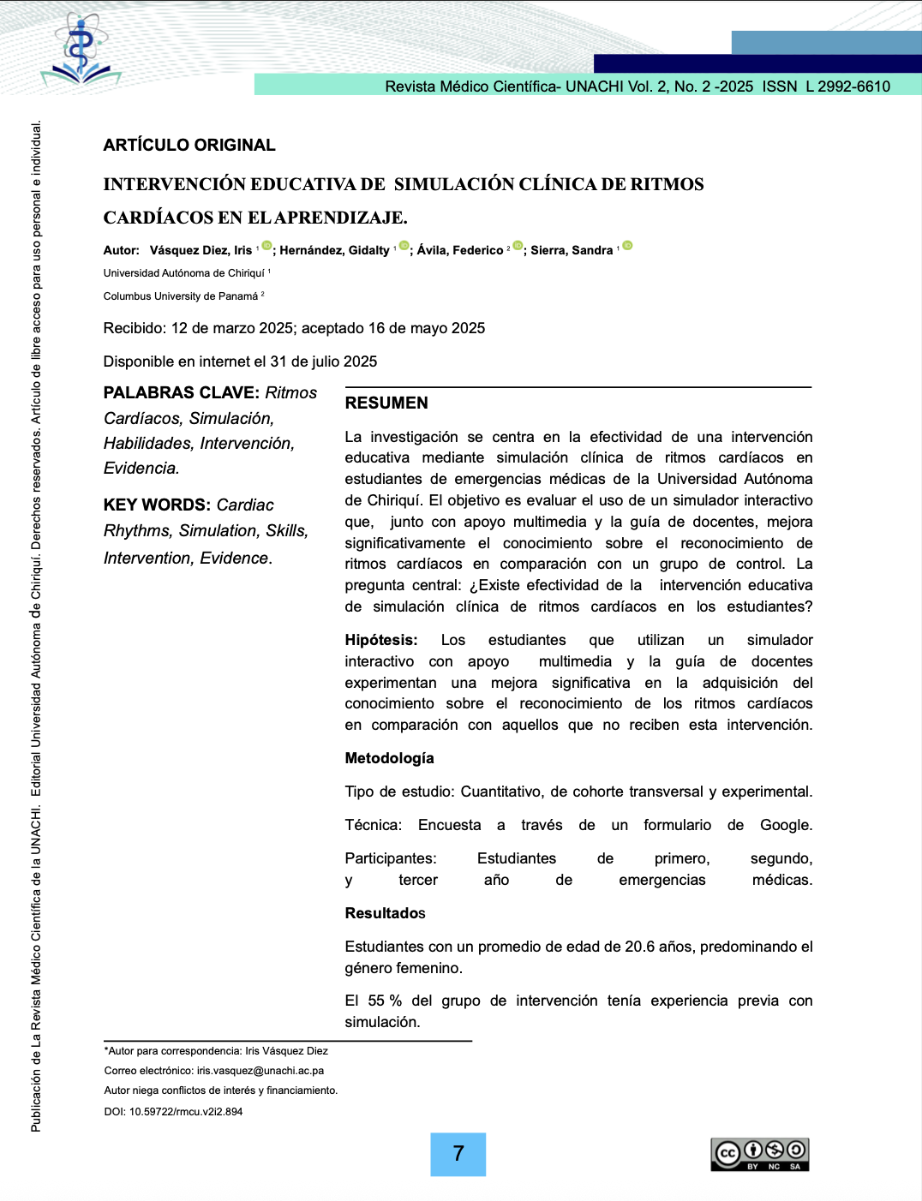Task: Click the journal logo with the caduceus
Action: [x=81, y=50]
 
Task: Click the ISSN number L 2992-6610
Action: [x=847, y=87]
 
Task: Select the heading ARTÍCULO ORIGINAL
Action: [x=189, y=146]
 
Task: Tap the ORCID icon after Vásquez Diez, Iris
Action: [x=266, y=246]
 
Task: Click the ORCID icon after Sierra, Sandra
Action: [x=627, y=246]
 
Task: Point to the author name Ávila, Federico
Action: [x=460, y=250]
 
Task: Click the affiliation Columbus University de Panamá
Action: [x=181, y=296]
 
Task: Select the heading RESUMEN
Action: [x=386, y=403]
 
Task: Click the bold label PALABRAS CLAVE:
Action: [x=181, y=393]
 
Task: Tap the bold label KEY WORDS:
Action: [x=157, y=505]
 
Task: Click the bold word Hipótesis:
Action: [x=381, y=640]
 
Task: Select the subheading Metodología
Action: [x=389, y=758]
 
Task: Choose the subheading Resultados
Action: [x=385, y=913]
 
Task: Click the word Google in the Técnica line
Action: [x=785, y=825]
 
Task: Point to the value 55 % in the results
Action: [x=385, y=1001]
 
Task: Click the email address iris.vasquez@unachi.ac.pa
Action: [x=260, y=1071]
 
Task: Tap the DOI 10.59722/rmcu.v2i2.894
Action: [x=186, y=1112]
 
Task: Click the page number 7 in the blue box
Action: [x=458, y=1154]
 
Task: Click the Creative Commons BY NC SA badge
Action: [x=760, y=1155]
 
